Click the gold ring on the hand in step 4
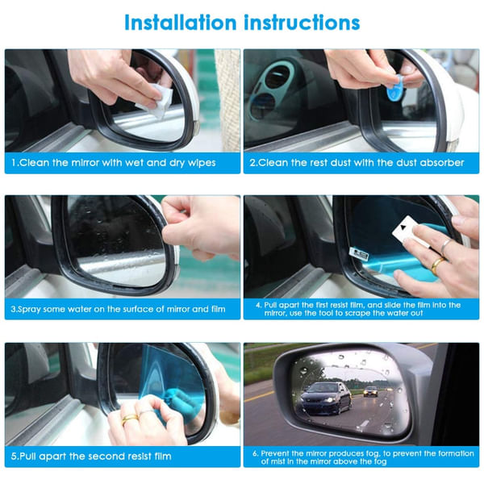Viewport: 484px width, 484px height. (x=436, y=263)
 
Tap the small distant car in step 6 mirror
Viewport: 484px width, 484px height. (x=369, y=390)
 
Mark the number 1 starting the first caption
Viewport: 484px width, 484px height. (x=13, y=162)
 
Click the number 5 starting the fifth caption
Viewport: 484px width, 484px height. (x=13, y=456)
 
